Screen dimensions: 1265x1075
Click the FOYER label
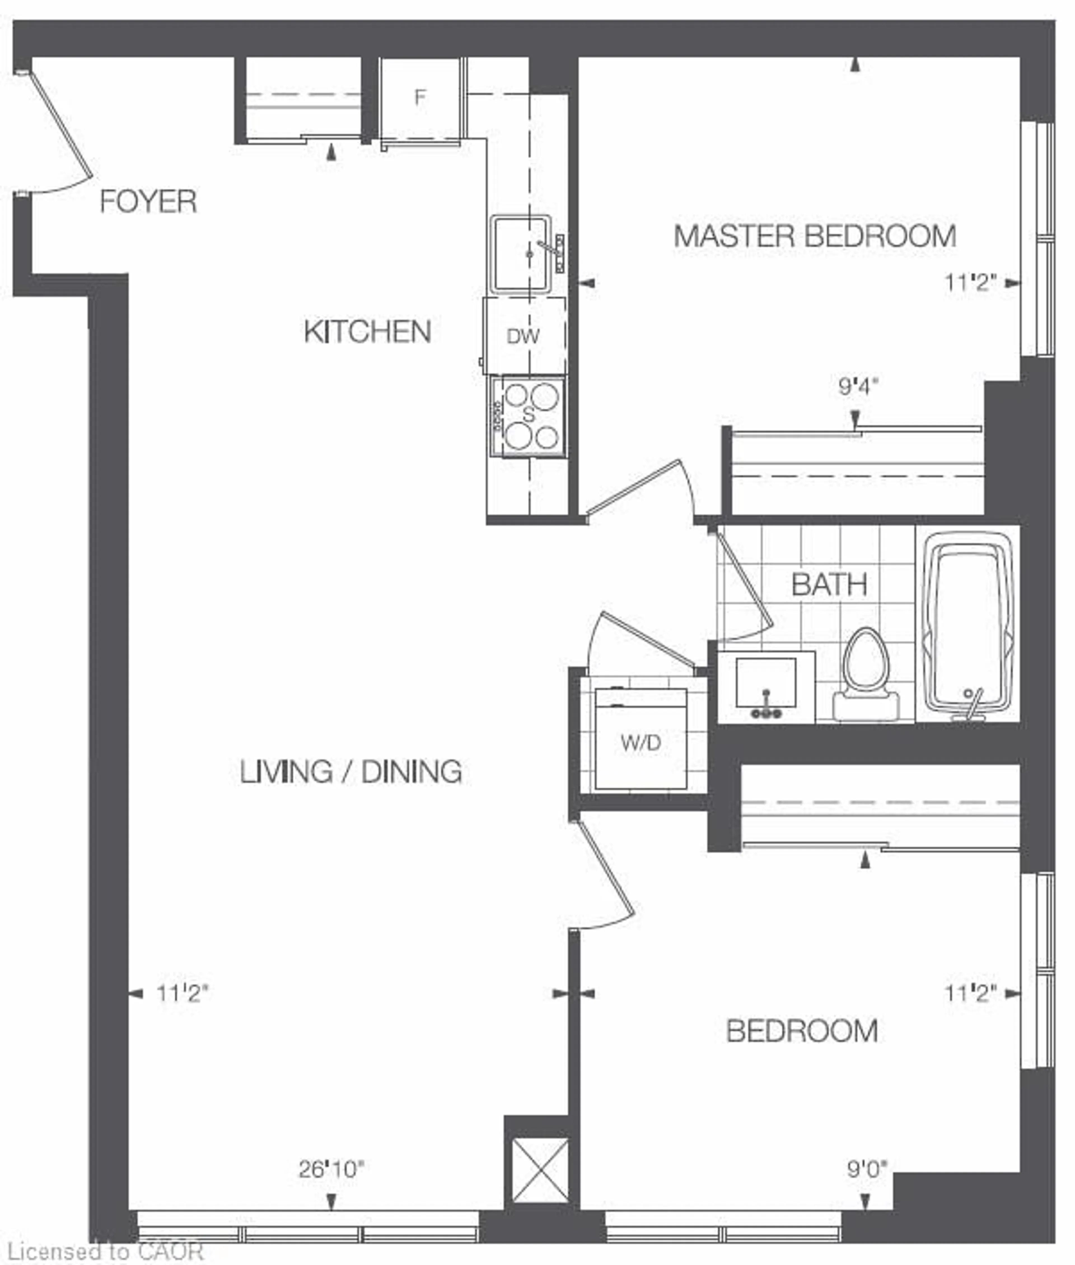coord(148,202)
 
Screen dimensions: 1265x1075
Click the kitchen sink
coord(521,254)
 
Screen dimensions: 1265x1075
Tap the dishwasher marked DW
coord(524,336)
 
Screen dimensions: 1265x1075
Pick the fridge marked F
coord(420,97)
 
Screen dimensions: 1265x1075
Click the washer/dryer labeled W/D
coord(641,743)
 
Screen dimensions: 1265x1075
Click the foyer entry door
coord(61,131)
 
